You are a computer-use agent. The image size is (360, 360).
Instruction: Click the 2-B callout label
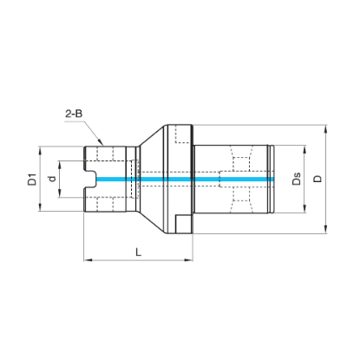point(74,114)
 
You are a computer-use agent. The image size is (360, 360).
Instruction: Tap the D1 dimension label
point(32,180)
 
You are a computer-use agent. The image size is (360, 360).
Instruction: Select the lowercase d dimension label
point(52,179)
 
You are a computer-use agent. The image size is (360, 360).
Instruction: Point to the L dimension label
point(139,252)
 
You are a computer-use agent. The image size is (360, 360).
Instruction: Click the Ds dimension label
point(297,179)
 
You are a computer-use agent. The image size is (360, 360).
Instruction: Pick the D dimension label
point(317,179)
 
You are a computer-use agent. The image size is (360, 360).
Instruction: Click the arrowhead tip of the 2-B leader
point(102,145)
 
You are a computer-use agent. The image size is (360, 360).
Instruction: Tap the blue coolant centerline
point(185,180)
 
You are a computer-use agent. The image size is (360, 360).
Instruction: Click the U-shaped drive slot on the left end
point(90,180)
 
